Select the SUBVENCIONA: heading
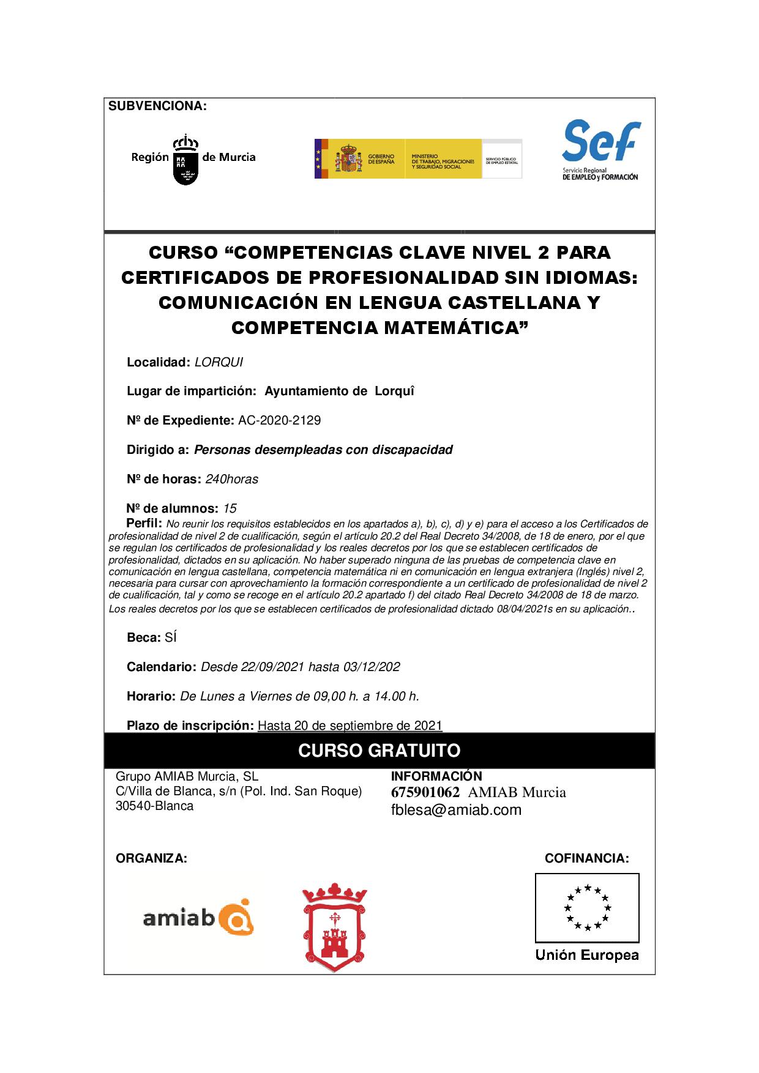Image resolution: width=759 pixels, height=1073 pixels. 157,106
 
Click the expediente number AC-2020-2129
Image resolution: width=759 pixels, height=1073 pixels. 279,420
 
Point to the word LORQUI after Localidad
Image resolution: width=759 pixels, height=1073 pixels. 219,362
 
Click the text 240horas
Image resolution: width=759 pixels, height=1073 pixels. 232,479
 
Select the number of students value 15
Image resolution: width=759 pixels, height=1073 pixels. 230,508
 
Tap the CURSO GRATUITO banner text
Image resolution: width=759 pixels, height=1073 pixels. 379,751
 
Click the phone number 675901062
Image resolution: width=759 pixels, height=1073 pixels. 425,792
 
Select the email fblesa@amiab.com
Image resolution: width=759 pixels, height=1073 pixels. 456,810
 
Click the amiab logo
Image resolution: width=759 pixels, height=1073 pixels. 198,917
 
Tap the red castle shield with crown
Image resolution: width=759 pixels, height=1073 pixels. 334,927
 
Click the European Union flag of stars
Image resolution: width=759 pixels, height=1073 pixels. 587,907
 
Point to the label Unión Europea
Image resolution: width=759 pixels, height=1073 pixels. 587,955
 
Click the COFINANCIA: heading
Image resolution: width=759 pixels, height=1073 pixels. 586,858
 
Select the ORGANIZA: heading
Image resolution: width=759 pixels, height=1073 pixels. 151,858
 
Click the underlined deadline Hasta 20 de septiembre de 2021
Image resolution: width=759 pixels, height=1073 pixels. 350,726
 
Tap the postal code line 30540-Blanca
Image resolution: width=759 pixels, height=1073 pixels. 154,806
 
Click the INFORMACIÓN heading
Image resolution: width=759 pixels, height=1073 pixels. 436,776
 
